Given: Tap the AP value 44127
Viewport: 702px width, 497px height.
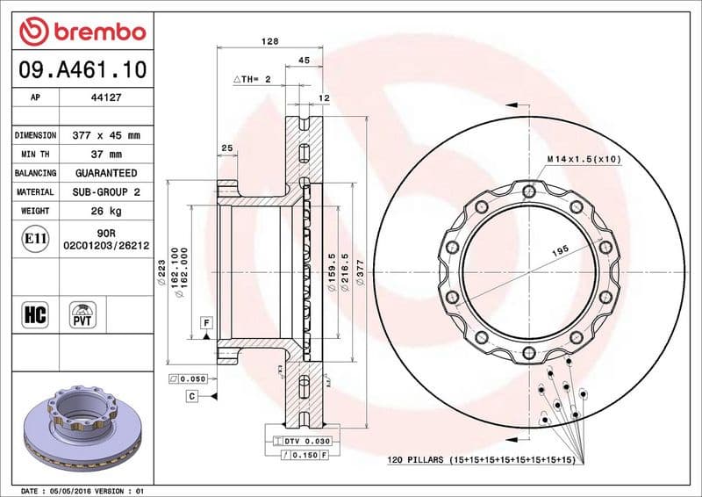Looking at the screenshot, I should (106, 98).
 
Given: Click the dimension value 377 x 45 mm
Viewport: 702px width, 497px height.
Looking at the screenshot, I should (106, 136).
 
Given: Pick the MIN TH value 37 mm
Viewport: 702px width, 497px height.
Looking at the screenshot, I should (106, 155).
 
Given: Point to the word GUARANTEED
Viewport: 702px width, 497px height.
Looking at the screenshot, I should (106, 173).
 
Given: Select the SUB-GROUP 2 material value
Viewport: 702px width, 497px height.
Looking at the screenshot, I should (106, 191).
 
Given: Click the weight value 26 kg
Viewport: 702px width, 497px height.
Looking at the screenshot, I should (106, 211).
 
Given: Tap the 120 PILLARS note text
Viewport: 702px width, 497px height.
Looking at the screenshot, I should (481, 460).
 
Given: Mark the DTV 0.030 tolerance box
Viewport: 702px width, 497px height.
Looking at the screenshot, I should (302, 440).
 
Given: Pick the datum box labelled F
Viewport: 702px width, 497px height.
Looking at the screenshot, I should (205, 322).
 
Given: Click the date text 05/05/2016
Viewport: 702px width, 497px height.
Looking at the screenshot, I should (72, 490).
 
